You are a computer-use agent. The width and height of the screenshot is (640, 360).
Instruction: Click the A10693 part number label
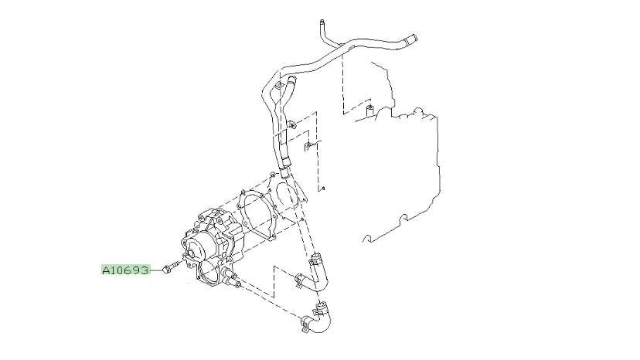(126, 270)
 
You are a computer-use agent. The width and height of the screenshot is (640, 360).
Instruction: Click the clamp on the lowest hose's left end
(306, 323)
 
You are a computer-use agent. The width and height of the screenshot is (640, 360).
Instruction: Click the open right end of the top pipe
(412, 39)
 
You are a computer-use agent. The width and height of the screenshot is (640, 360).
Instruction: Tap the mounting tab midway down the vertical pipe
(292, 124)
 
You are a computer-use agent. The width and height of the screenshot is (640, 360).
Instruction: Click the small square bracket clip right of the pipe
(308, 146)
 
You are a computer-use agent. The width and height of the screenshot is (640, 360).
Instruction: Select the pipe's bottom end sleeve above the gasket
(285, 172)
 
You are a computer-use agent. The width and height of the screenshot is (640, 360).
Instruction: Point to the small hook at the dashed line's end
(322, 188)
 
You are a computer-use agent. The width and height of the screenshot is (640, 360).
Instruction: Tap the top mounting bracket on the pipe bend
(279, 86)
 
